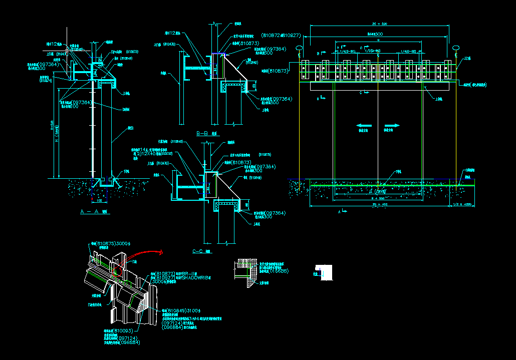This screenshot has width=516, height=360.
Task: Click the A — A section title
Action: coord(94,212)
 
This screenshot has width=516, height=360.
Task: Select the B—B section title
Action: coord(207,133)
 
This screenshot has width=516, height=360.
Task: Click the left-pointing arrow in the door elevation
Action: coord(364,125)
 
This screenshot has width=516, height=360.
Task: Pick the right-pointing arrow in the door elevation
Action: coord(392,125)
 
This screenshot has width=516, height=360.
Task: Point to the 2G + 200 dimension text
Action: coord(380,24)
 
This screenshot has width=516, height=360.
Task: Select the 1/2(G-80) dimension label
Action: coord(373,51)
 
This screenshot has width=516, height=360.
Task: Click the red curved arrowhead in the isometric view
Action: coord(161,253)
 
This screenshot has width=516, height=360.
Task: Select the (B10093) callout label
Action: coord(123,331)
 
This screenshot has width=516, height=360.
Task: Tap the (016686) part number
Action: coord(278,271)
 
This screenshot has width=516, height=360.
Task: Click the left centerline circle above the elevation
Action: coord(300,48)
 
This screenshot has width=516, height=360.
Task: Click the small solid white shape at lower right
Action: coord(326,272)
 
